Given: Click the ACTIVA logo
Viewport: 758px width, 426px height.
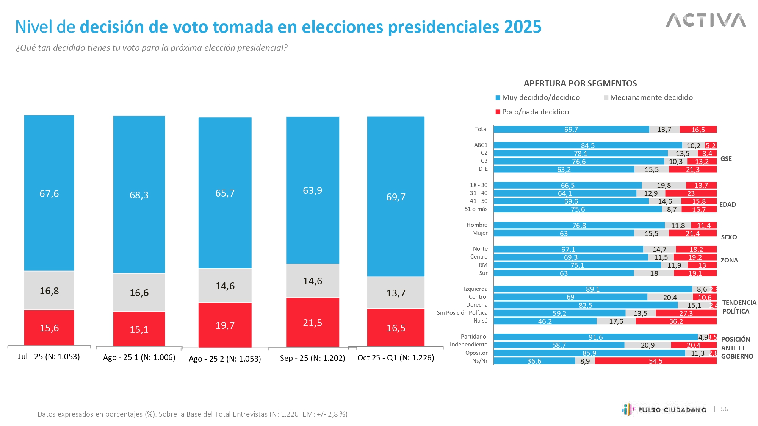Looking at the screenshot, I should [x=706, y=20].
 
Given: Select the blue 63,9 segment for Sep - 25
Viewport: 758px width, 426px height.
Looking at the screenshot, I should [x=312, y=190].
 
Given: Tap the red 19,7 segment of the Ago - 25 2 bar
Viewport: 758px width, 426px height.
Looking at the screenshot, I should [x=225, y=325].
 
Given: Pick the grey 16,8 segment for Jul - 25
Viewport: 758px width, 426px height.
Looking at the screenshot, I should [x=49, y=290].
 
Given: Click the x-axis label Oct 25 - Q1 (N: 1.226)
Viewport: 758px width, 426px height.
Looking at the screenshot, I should [x=396, y=358].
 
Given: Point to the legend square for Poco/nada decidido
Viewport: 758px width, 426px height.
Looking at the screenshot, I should [x=498, y=112].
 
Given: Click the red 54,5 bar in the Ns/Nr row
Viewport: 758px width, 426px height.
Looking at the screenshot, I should [x=656, y=361].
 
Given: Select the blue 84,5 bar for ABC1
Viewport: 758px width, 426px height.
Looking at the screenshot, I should [x=587, y=145].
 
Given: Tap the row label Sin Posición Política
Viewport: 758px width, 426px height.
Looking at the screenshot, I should [x=462, y=313].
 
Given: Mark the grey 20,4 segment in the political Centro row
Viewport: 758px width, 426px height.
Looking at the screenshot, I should [x=670, y=297].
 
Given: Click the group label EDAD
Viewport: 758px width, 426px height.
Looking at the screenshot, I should [x=727, y=204].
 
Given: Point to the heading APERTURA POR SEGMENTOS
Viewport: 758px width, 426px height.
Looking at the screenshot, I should [x=580, y=83].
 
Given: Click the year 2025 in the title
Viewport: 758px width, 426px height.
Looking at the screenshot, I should [x=523, y=27].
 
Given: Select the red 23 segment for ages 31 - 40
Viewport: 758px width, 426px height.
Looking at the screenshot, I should [x=691, y=193].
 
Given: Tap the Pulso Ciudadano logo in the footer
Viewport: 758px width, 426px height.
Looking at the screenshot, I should [x=664, y=409].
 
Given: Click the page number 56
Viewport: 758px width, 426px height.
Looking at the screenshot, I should [x=724, y=409].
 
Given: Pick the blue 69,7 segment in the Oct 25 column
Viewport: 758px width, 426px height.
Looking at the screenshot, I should [x=396, y=197].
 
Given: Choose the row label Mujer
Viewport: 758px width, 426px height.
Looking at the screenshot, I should [x=480, y=233].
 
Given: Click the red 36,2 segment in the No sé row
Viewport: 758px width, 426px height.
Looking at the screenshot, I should [x=676, y=321].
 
